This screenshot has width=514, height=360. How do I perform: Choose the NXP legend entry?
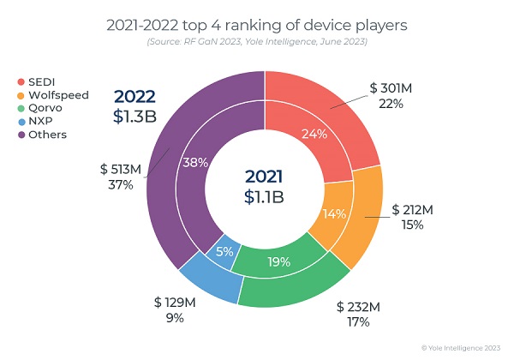pos(37,121)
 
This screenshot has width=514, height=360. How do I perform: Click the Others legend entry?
pos(43,135)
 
